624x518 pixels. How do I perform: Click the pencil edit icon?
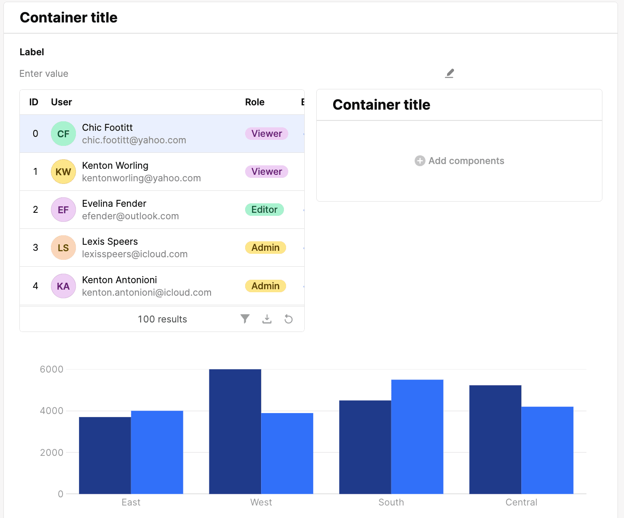449,73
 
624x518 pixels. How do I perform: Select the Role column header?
255,102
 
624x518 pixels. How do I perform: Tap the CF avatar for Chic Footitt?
63,134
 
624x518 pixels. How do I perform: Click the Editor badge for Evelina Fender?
264,210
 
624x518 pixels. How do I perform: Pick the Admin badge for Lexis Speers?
265,248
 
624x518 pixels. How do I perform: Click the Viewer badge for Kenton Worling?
267,172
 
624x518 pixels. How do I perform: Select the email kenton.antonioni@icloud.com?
147,293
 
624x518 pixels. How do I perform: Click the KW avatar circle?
63,172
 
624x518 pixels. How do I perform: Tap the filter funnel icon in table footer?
245,319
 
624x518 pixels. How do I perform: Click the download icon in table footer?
267,319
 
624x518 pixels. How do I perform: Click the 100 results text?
162,319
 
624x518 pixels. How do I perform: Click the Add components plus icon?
420,161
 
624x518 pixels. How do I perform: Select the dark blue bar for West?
235,432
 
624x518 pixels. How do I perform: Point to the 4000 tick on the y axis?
51,411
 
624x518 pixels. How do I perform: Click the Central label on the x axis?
521,502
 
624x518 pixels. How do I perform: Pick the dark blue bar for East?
105,455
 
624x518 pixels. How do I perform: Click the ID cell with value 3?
35,248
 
